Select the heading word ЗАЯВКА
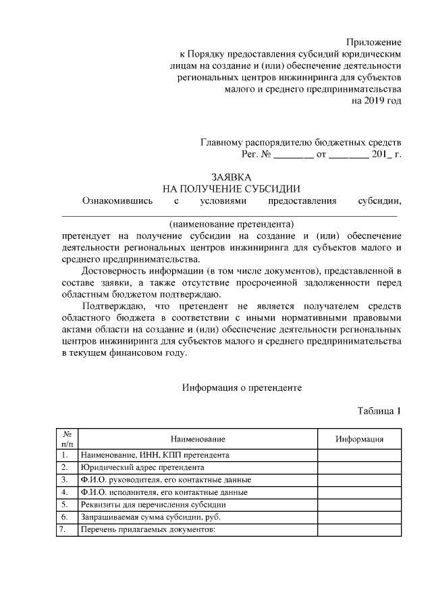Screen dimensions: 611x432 232,176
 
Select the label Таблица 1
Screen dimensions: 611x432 379,411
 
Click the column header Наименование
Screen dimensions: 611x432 198,439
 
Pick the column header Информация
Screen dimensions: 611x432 360,439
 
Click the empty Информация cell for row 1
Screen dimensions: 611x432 360,455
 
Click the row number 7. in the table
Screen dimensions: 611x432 65,529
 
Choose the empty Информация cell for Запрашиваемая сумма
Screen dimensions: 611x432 360,517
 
